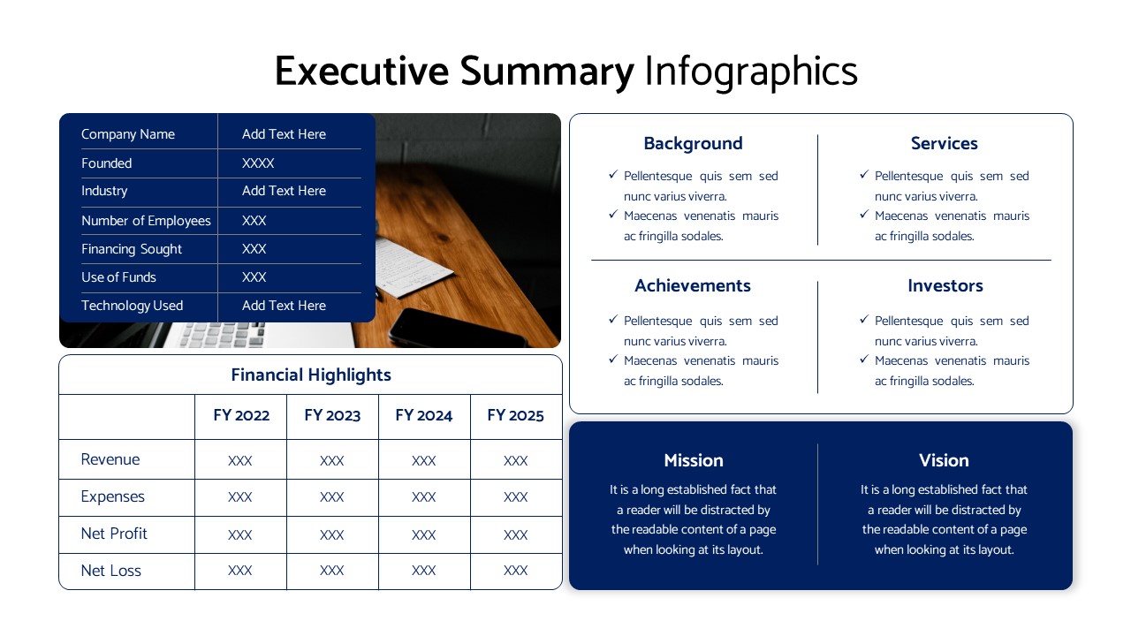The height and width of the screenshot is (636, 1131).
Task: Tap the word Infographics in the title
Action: [x=750, y=72]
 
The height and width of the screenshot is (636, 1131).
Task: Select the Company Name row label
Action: [x=128, y=134]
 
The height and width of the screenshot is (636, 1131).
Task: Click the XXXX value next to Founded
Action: [x=258, y=163]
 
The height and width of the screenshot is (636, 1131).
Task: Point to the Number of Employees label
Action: [x=146, y=221]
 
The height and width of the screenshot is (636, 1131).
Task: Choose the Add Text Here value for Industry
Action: [x=284, y=191]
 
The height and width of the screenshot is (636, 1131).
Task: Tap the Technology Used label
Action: [x=132, y=306]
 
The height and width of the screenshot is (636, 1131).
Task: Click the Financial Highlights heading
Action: [x=311, y=375]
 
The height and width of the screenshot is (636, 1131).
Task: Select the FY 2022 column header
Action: [x=241, y=415]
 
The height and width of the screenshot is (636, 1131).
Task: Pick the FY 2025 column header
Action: [x=515, y=415]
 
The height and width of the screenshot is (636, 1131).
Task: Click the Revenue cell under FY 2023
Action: [x=332, y=460]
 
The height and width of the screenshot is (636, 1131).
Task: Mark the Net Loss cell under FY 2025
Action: [x=515, y=571]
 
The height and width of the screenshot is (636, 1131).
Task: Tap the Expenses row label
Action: [x=112, y=496]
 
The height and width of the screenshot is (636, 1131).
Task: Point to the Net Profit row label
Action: [x=114, y=534]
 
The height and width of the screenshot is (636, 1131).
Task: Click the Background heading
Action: [x=693, y=143]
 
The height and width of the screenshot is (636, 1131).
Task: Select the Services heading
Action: [x=944, y=143]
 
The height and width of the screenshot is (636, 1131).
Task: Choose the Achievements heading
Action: [x=693, y=285]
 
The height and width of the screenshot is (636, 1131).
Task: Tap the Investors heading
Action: [x=945, y=285]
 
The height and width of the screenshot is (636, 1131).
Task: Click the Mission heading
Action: [x=694, y=460]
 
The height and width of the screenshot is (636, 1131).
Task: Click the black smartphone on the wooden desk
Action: [x=455, y=328]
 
